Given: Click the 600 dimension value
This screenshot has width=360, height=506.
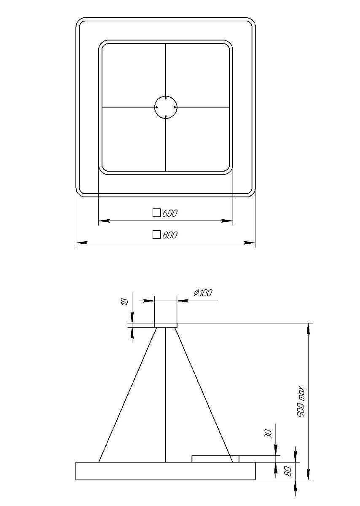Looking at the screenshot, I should point(169,213).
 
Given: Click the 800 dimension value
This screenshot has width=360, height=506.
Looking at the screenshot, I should point(169,235).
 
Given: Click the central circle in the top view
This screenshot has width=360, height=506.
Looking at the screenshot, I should point(166,107).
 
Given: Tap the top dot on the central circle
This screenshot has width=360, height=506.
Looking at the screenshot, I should point(166,98).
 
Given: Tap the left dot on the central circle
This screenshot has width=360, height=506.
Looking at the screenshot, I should point(156,107).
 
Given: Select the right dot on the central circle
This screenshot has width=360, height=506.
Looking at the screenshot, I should point(175,107).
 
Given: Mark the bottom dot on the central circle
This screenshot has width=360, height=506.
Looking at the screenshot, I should point(166,116).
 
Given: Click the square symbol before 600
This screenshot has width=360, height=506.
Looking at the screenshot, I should point(156,213).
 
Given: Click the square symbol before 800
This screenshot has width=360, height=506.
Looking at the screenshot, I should point(156,235).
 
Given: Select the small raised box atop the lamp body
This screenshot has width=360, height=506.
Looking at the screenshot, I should point(215,459).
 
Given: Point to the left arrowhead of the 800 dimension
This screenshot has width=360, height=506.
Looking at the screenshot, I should point(81,243).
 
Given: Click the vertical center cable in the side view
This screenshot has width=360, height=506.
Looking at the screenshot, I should point(166,394).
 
